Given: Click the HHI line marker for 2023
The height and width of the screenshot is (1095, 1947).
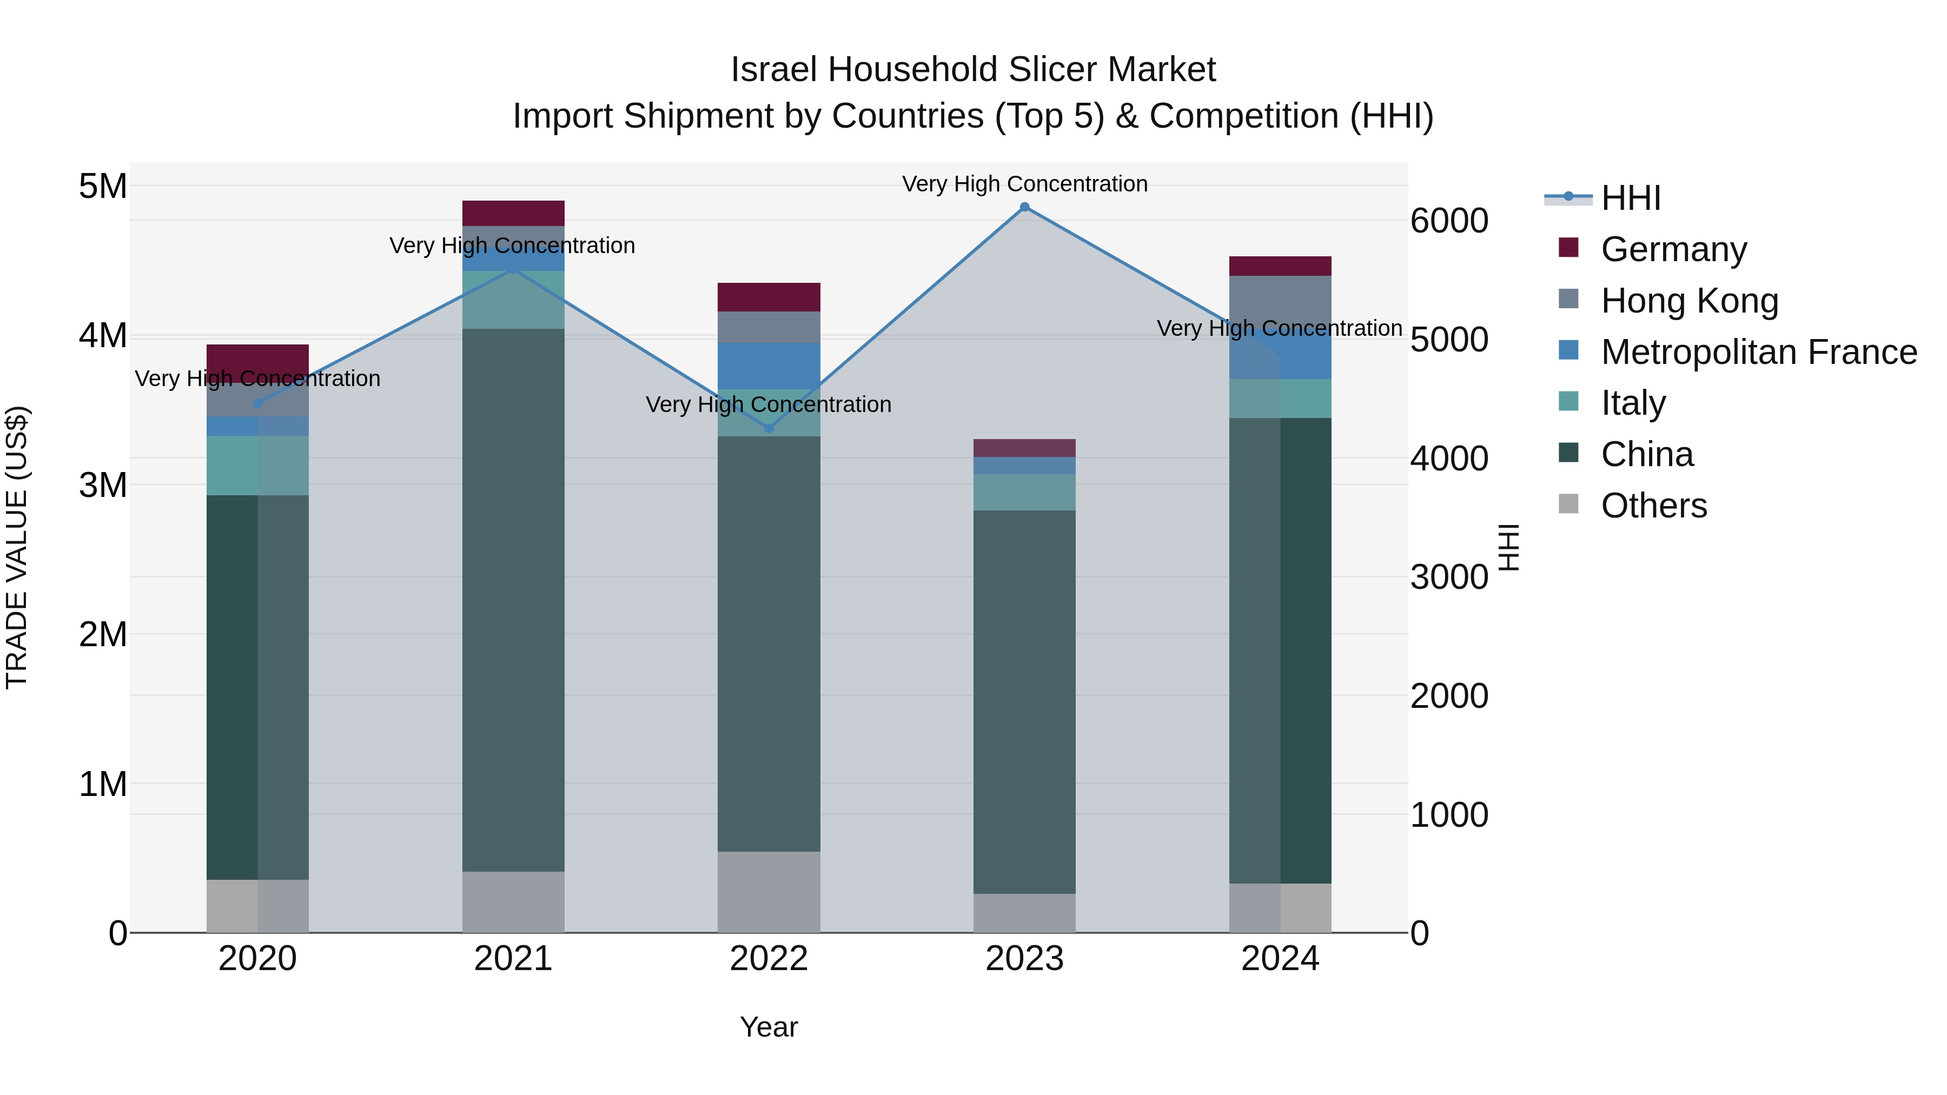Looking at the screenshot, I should [x=1024, y=207].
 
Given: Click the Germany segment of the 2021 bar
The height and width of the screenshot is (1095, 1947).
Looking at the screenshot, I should [x=513, y=213].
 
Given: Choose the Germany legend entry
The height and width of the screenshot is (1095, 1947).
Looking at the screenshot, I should [x=1673, y=249].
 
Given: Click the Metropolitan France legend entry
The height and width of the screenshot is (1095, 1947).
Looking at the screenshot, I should [x=1758, y=352].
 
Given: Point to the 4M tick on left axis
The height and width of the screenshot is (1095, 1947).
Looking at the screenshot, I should [x=103, y=335].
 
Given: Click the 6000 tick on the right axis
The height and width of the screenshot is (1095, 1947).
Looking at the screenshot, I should [x=1449, y=221].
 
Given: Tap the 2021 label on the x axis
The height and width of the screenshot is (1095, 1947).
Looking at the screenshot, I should [x=513, y=959].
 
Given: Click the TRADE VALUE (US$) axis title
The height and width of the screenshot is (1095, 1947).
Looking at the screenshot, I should [x=17, y=547].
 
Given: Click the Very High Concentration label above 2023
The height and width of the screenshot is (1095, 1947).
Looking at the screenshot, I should [x=1024, y=184].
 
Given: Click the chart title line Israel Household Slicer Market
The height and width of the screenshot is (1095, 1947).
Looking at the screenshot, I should [x=973, y=70].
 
